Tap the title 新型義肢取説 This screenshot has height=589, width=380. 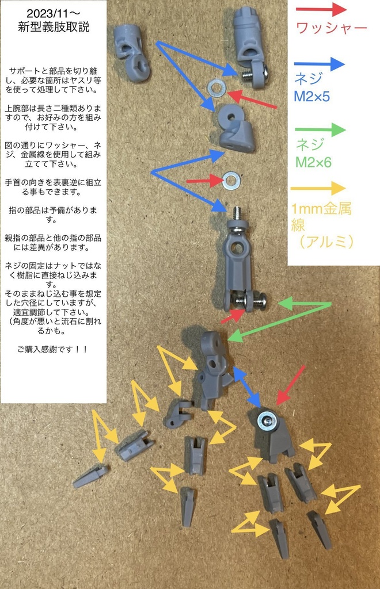pos(53,26)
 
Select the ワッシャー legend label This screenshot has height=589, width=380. pos(330,28)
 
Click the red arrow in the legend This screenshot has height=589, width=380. pos(320,10)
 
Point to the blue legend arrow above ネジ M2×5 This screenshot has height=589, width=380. pos(319,64)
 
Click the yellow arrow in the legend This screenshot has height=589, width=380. pos(318,188)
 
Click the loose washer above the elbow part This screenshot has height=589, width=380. pos(216,87)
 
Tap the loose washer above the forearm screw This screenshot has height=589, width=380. pos(231,181)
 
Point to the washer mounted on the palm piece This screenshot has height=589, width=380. pos(267,420)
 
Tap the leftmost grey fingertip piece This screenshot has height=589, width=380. pos(90,476)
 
